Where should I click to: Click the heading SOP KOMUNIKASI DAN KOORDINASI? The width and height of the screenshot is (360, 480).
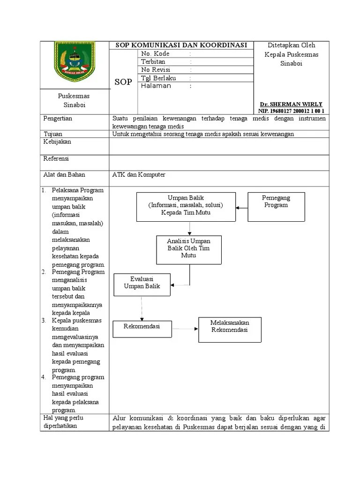click(181, 45)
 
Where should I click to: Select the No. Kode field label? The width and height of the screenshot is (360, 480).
click(155, 54)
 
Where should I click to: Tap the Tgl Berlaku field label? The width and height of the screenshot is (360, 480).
click(159, 78)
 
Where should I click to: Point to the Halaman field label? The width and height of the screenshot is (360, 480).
click(156, 86)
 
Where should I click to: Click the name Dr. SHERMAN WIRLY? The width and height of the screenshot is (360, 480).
click(291, 104)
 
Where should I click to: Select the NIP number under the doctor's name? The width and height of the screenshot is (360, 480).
click(291, 111)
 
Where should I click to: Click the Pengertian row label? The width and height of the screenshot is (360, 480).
click(58, 119)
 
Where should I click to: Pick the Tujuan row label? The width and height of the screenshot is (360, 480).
click(53, 134)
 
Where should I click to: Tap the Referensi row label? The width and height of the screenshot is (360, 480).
click(56, 159)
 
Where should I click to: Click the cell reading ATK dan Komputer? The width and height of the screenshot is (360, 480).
click(139, 175)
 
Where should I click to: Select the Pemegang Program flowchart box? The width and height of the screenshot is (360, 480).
click(276, 206)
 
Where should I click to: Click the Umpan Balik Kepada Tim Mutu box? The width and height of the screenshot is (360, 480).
click(186, 206)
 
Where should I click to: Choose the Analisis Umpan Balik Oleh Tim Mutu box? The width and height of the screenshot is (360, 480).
click(189, 249)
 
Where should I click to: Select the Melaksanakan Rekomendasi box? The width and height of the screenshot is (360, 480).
click(230, 330)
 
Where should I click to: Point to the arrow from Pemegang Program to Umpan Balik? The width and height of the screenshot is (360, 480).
click(241, 207)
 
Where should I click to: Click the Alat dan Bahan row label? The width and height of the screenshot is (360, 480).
click(64, 175)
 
